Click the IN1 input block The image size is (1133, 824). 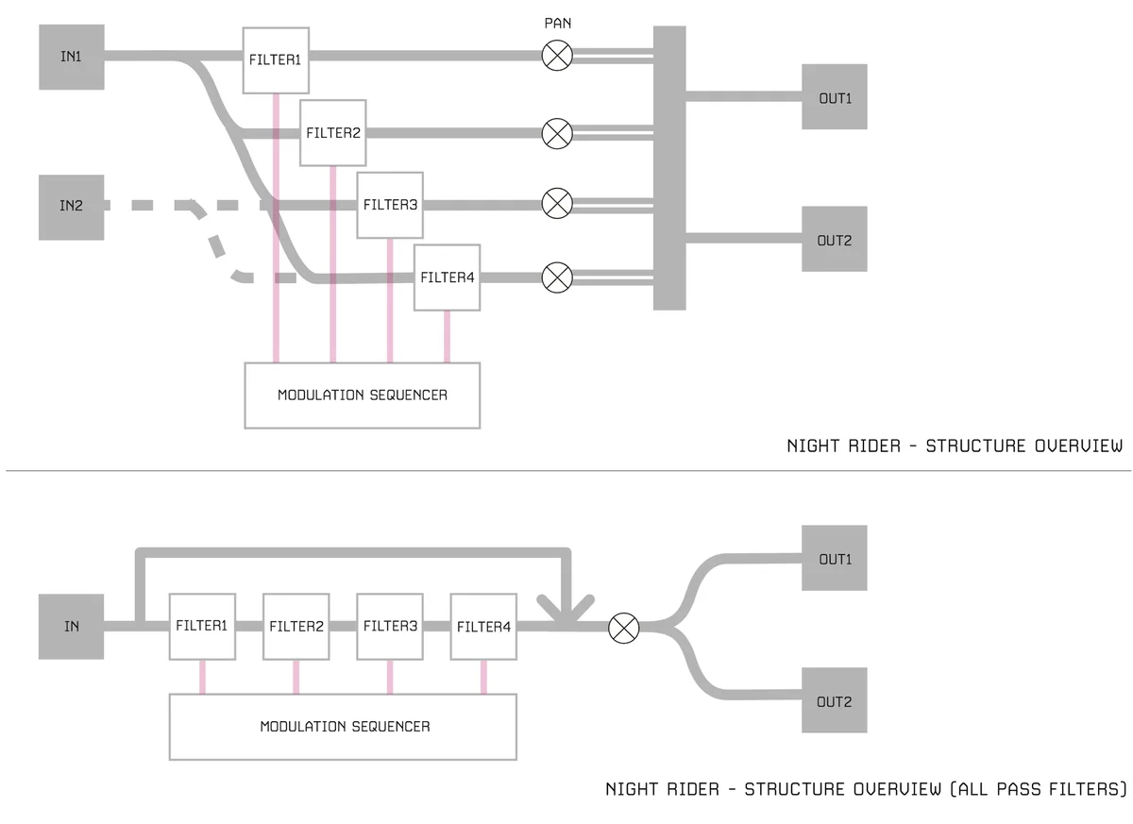click(x=71, y=58)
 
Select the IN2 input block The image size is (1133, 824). click(x=71, y=206)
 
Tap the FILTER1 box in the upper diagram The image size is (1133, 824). click(x=275, y=59)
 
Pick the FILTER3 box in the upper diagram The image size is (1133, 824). click(x=390, y=205)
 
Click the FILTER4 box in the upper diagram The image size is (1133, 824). click(x=447, y=277)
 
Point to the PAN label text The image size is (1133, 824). click(x=557, y=23)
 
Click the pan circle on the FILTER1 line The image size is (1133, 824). click(x=557, y=57)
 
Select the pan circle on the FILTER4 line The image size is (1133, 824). click(x=557, y=277)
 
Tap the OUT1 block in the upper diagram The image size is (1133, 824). click(x=835, y=97)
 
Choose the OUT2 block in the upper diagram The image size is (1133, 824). click(x=835, y=240)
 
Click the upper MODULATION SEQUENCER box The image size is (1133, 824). click(x=362, y=395)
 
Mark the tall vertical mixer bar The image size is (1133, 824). click(x=669, y=168)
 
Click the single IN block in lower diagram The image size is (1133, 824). click(x=71, y=627)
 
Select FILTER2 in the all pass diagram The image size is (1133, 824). click(x=296, y=627)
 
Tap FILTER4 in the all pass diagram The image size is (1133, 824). click(x=483, y=627)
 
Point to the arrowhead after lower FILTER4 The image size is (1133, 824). click(x=566, y=611)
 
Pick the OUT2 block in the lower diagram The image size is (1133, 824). click(x=835, y=701)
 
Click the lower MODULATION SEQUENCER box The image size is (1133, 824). click(x=344, y=727)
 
